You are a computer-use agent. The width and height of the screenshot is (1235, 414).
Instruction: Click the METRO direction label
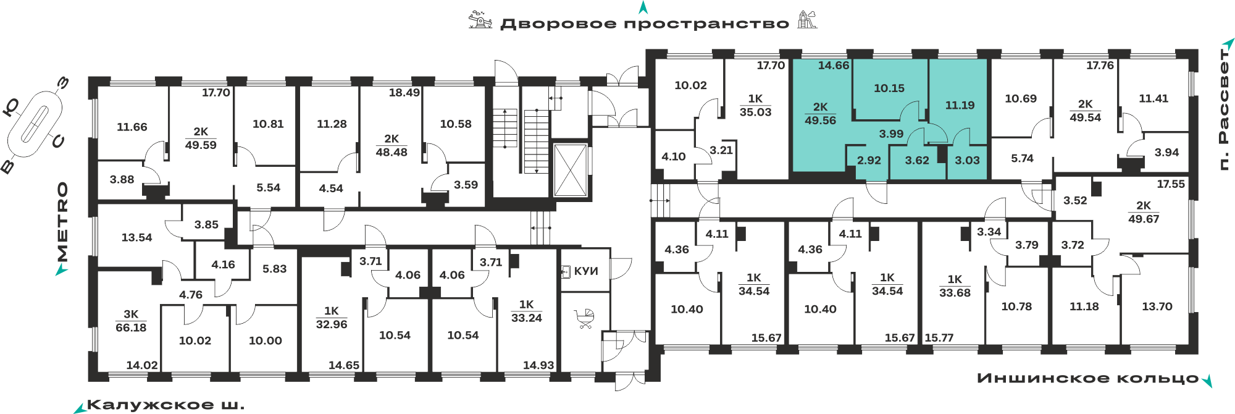tap(62, 221)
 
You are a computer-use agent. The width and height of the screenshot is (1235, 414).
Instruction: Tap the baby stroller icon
tap(584, 319)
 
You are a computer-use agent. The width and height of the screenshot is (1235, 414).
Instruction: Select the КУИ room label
tap(586, 271)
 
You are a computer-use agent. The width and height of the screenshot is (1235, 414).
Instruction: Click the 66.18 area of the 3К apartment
tap(131, 327)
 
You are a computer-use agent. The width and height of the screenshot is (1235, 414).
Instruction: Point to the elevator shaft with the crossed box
tap(570, 170)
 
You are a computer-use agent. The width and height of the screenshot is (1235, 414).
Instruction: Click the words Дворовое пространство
tap(645, 24)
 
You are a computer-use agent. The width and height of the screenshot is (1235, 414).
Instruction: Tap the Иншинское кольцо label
tap(1088, 378)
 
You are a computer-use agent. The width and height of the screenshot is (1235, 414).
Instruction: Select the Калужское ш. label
tap(165, 405)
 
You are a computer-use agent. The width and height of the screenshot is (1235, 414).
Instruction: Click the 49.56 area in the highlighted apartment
tap(820, 120)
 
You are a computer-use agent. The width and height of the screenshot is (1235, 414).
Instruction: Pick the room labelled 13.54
tap(136, 237)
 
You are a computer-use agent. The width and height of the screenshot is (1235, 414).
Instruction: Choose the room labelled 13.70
tap(1157, 306)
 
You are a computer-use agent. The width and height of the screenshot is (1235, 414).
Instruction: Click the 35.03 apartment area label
tap(755, 112)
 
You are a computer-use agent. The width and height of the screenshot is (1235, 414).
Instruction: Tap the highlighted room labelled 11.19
tap(960, 105)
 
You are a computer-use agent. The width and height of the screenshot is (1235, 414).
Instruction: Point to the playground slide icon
tap(806, 20)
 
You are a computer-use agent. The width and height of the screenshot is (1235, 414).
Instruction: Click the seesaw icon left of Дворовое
tap(480, 20)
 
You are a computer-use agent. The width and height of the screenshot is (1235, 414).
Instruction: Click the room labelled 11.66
tap(132, 127)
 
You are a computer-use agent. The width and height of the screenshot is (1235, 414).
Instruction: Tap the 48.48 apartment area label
tap(391, 152)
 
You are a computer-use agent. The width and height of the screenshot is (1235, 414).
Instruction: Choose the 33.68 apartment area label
tap(955, 292)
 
